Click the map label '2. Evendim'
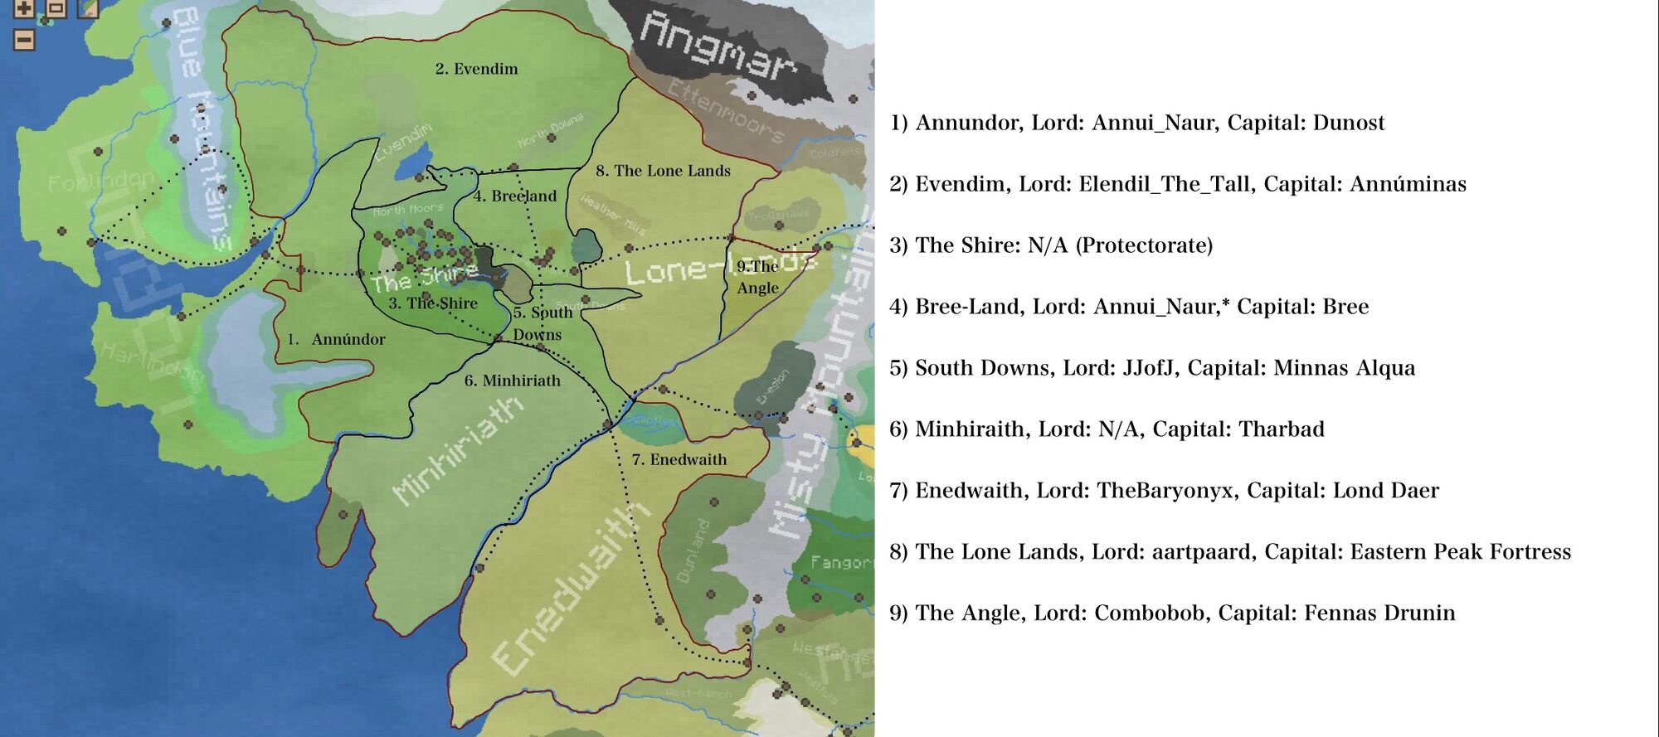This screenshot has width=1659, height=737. pyautogui.click(x=476, y=69)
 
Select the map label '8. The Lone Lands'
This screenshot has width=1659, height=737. pyautogui.click(x=663, y=171)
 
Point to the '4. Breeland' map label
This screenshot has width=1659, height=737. pyautogui.click(x=514, y=196)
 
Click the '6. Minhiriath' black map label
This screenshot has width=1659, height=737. pyautogui.click(x=512, y=381)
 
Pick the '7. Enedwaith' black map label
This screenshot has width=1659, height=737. pyautogui.click(x=679, y=459)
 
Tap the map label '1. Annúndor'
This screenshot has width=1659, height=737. pyautogui.click(x=336, y=339)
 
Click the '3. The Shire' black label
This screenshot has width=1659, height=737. pyautogui.click(x=433, y=303)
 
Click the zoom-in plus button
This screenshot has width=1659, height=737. pyautogui.click(x=24, y=9)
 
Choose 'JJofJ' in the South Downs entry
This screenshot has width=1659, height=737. pyautogui.click(x=1149, y=368)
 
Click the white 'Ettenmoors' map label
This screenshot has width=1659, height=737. pyautogui.click(x=725, y=112)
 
